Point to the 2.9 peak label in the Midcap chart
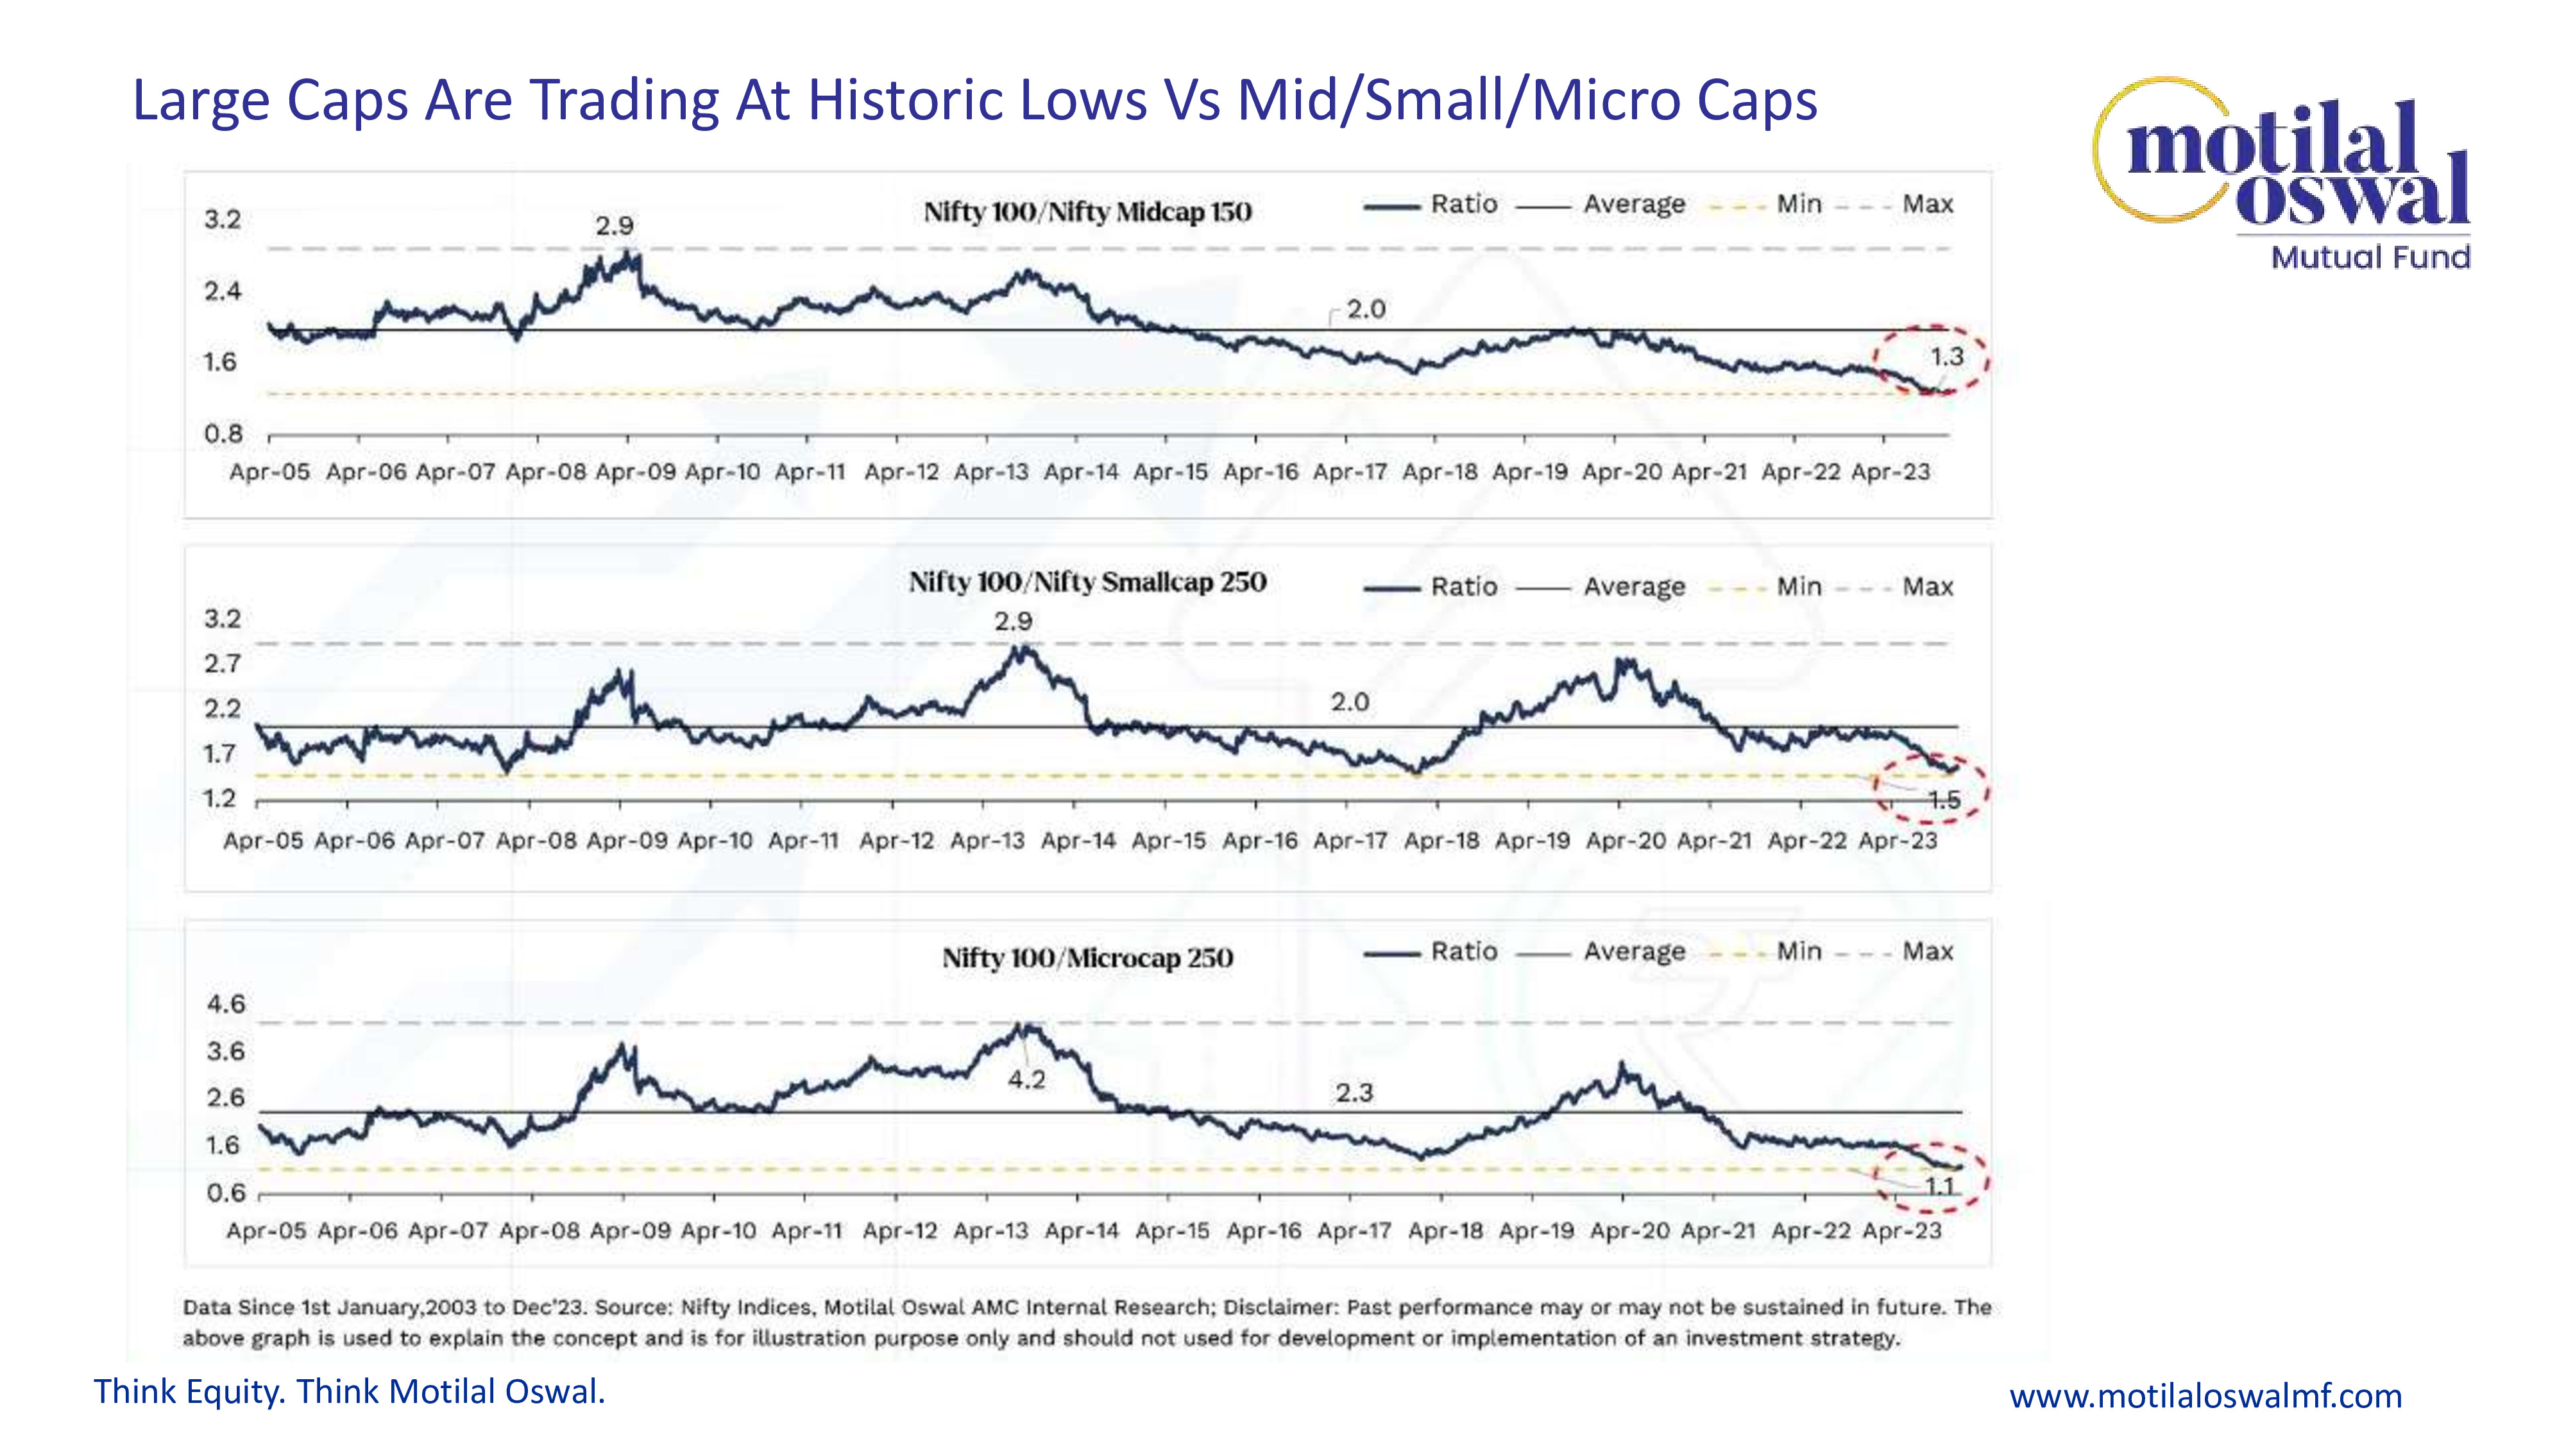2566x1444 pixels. [x=614, y=226]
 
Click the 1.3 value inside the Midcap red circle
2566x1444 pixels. [x=1946, y=357]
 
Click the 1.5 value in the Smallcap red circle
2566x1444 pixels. [x=1944, y=799]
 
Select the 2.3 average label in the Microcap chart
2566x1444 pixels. [x=1354, y=1093]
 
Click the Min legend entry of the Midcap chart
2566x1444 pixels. [x=1798, y=204]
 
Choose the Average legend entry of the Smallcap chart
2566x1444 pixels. [x=1634, y=587]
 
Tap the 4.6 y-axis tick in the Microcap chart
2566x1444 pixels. [x=225, y=1004]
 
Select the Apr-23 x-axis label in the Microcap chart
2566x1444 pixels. [x=1901, y=1231]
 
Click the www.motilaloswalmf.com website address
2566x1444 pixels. [x=2204, y=1396]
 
